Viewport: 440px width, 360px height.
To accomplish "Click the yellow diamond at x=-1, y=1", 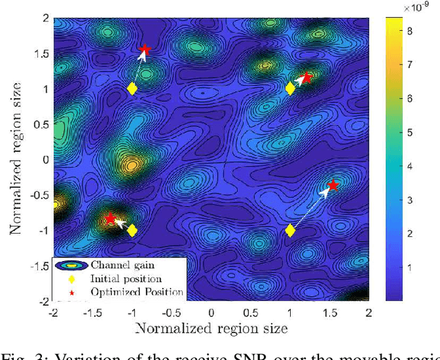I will (x=132, y=89).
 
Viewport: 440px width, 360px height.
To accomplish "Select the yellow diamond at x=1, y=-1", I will (x=290, y=230).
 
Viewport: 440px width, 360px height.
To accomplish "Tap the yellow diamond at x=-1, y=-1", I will (x=132, y=230).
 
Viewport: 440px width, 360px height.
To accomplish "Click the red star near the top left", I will (x=145, y=50).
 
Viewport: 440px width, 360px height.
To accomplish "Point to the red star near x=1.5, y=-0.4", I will (x=333, y=185).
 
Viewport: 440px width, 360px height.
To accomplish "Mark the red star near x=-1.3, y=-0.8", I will (x=110, y=218).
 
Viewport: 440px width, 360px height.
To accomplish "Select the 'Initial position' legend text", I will (x=126, y=279).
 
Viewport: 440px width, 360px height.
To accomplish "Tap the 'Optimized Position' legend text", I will (x=137, y=292).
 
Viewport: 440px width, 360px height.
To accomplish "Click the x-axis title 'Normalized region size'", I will (x=211, y=328).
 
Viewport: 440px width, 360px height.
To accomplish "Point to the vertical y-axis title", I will (x=16, y=159).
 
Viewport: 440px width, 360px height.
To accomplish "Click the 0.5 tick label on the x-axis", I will (x=250, y=313).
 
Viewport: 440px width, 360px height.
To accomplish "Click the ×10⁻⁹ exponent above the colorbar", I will (x=413, y=7).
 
